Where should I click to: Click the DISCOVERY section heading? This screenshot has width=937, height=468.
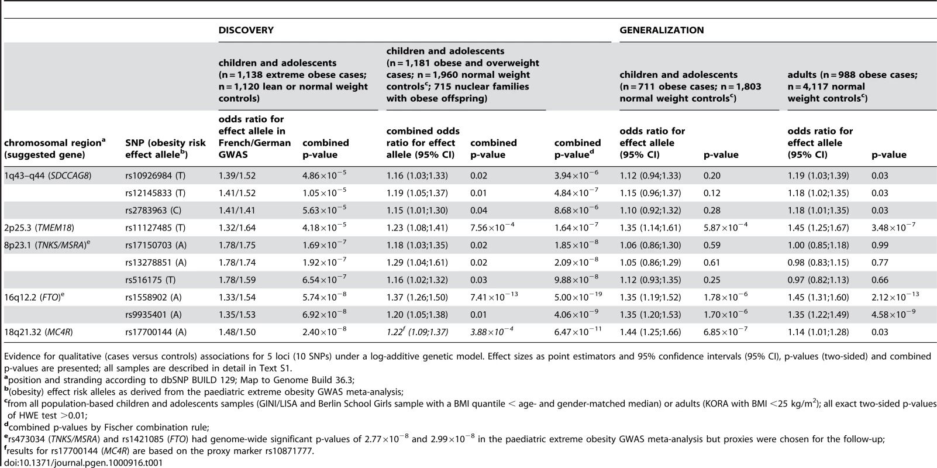tap(246, 30)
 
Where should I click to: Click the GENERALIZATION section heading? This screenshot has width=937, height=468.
tap(662, 30)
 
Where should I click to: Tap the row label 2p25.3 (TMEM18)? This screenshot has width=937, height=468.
tap(39, 228)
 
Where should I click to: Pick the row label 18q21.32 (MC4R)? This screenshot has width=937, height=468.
tap(39, 332)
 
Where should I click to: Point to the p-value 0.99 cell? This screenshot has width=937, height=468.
tap(880, 245)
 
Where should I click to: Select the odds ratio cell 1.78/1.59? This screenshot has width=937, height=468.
tap(237, 280)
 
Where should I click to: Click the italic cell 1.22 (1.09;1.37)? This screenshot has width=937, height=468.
tap(417, 332)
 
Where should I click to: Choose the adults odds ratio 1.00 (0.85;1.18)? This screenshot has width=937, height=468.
tap(818, 245)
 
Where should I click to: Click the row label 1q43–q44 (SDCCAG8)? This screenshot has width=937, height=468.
tap(48, 175)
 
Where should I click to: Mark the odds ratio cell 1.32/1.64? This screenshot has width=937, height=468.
tap(237, 228)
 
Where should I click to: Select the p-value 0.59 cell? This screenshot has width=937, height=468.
tap(712, 245)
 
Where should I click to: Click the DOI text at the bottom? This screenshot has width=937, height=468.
tap(83, 463)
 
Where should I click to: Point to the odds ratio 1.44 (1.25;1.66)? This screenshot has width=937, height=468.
tap(650, 332)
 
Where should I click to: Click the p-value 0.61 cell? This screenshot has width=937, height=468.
tap(712, 263)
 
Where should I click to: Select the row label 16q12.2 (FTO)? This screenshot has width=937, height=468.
tap(35, 297)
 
